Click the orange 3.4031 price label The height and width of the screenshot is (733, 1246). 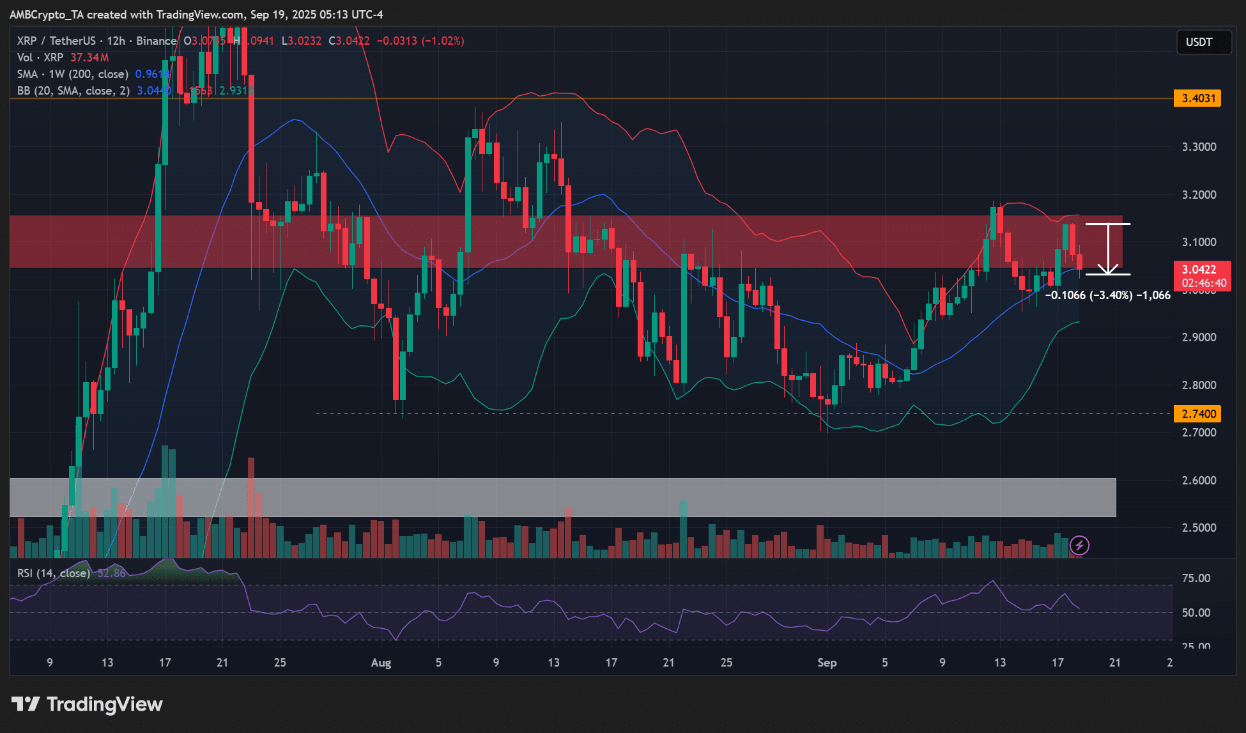point(1198,98)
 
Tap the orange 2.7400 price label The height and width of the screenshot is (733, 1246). point(1198,413)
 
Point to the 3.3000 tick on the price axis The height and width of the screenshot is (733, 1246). point(1199,147)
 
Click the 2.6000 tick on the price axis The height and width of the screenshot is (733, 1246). point(1199,481)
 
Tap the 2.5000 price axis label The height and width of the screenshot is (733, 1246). point(1199,528)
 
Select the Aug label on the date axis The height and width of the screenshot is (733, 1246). point(381,663)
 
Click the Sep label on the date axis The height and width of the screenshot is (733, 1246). point(827,663)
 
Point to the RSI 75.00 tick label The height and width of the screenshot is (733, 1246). point(1196,578)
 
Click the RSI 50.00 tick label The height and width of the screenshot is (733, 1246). point(1196,613)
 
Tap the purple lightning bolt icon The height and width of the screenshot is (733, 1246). point(1080,545)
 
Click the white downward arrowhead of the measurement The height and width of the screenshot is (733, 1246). point(1107,270)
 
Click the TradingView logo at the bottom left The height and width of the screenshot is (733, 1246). point(88,704)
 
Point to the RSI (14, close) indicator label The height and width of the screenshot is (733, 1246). point(54,573)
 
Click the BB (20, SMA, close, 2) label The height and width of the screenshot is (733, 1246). point(73,91)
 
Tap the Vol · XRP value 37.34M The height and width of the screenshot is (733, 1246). point(89,58)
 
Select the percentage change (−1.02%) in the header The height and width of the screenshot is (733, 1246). point(443,41)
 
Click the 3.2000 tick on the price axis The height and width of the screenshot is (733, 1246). point(1199,195)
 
